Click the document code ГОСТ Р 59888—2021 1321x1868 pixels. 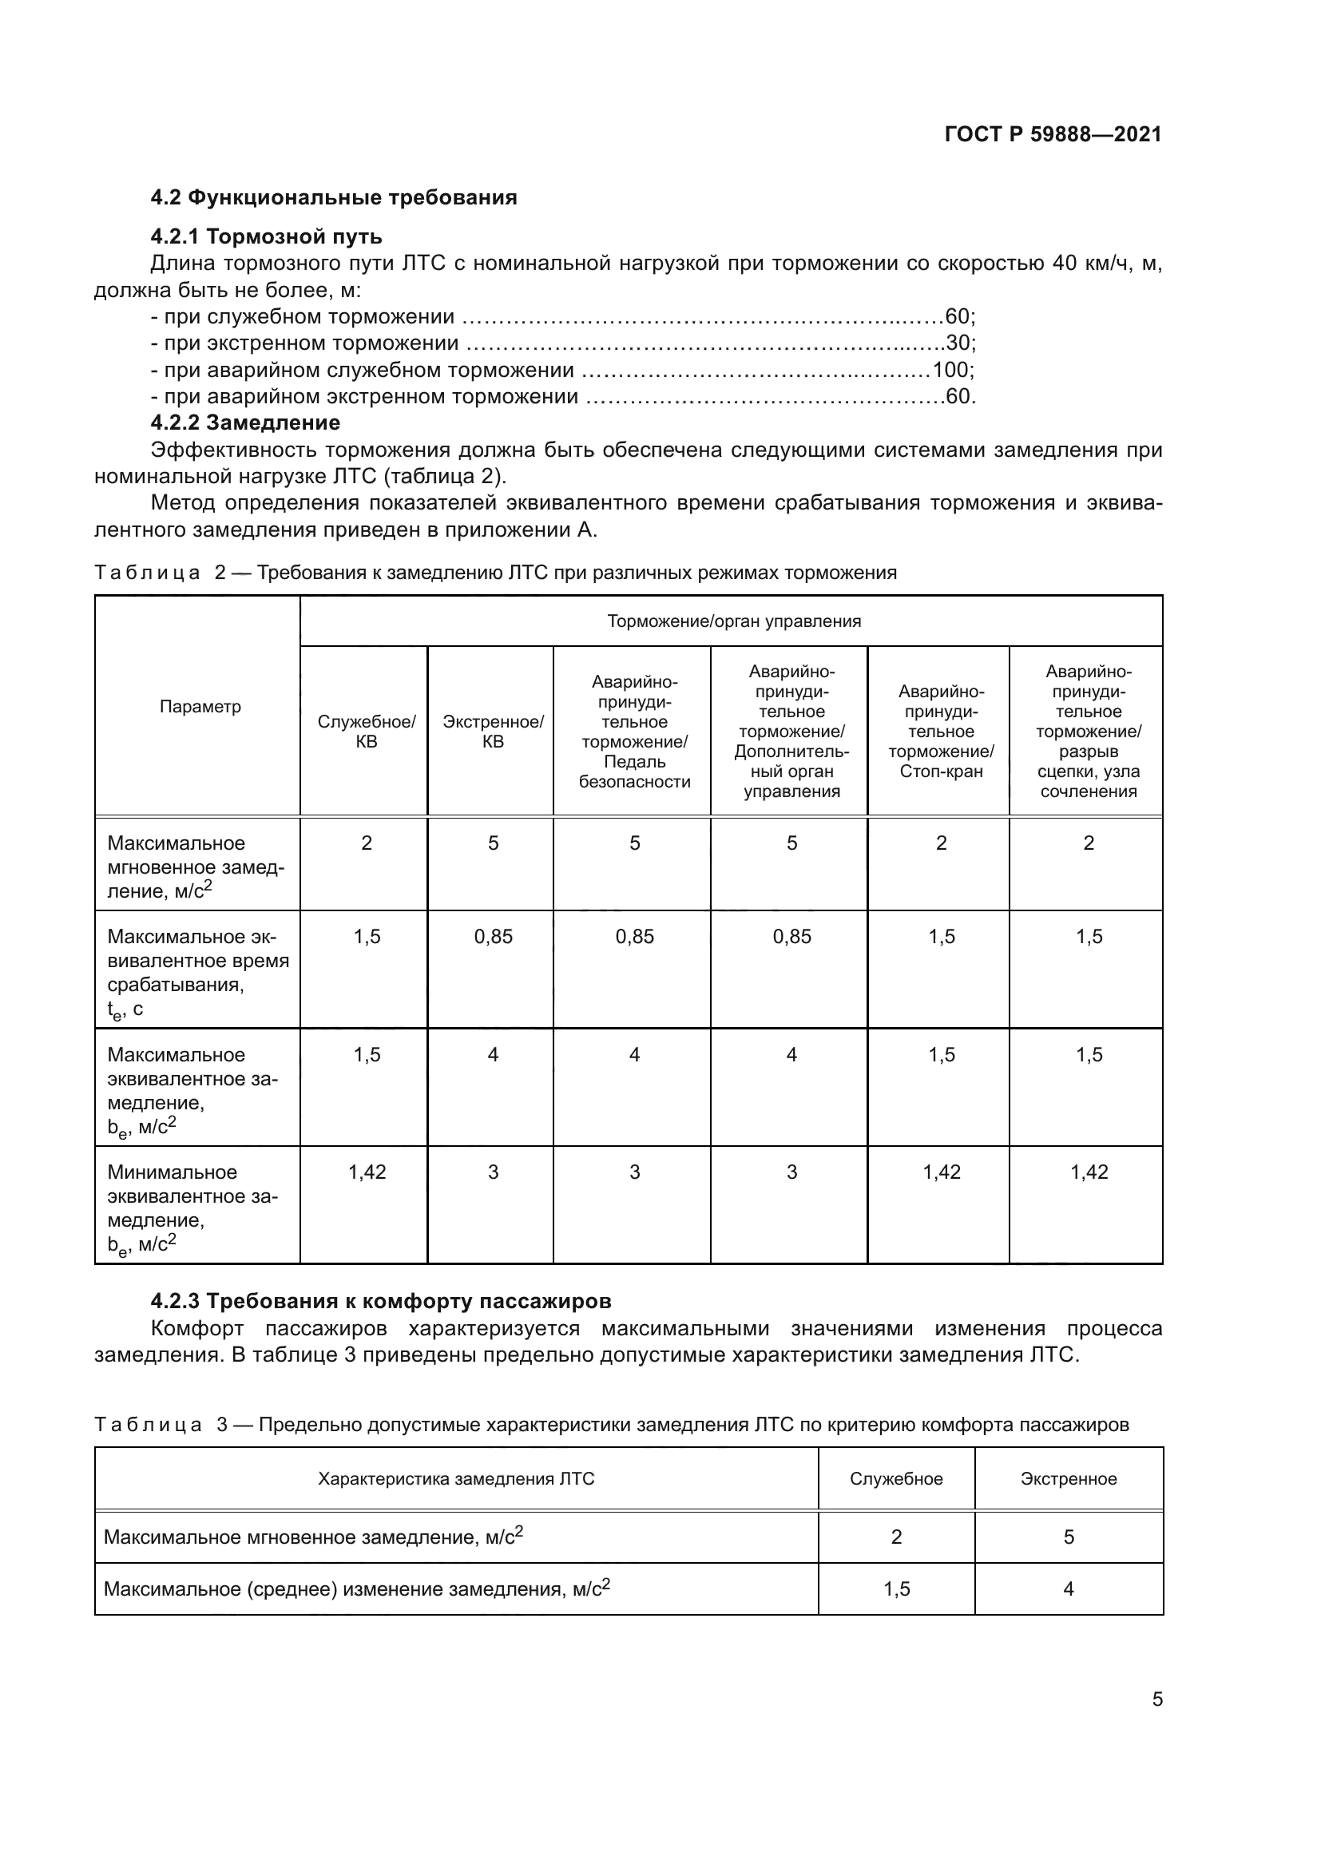[1053, 134]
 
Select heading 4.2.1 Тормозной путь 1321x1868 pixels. [266, 236]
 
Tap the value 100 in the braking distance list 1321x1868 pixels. [951, 371]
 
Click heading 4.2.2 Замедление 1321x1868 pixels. [245, 423]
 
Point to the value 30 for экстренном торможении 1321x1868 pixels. [959, 343]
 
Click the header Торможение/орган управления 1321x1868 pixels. [734, 621]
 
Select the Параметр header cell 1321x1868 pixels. [200, 706]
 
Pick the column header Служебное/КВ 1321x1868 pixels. [366, 732]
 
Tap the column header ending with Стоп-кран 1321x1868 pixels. [941, 732]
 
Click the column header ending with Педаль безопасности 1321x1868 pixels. [634, 732]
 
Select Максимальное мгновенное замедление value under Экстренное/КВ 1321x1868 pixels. [493, 843]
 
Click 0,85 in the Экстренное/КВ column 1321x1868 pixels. [493, 937]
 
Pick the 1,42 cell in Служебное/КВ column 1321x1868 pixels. [367, 1172]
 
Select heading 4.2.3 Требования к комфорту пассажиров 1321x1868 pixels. [381, 1301]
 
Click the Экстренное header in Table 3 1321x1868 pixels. [1068, 1479]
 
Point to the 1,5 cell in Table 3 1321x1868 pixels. [896, 1589]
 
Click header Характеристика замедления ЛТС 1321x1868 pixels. [455, 1479]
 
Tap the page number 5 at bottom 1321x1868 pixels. [1156, 1699]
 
